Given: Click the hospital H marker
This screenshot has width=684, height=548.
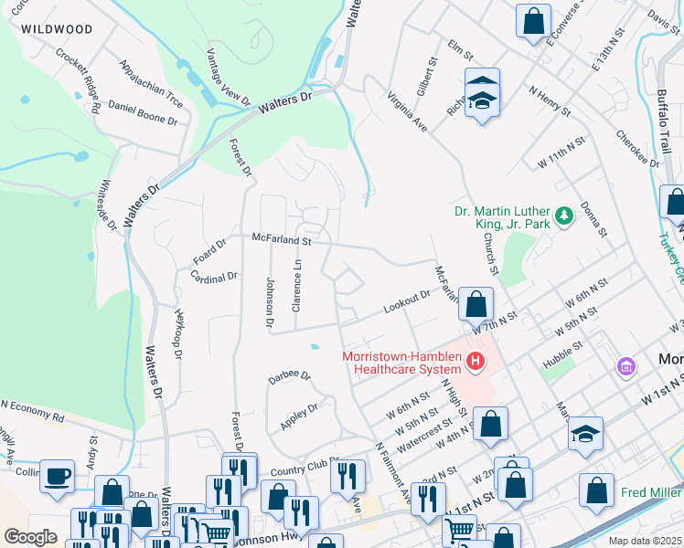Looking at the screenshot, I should (475, 364).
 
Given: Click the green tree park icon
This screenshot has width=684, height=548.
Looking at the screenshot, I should (565, 215).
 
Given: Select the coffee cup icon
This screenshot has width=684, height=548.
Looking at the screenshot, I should (58, 476).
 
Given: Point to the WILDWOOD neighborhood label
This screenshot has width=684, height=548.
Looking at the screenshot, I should (57, 29).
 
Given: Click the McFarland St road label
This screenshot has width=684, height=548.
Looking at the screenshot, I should (283, 241).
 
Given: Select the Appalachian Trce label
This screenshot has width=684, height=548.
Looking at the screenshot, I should (151, 84).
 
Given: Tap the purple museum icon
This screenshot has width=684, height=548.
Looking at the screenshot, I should (626, 366).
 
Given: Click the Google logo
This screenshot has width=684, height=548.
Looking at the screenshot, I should (30, 536).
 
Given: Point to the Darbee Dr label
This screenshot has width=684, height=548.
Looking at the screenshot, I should (290, 376).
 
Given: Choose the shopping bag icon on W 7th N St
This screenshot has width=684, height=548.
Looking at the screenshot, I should (476, 303).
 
